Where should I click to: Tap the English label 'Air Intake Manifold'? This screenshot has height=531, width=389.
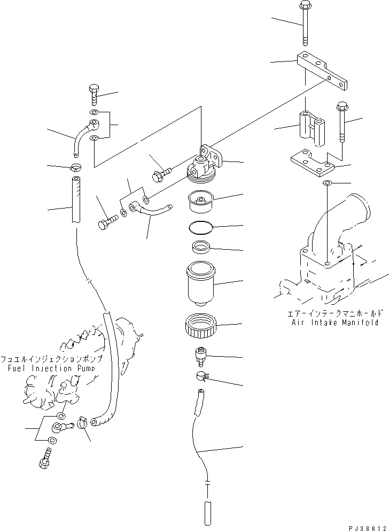[335, 322]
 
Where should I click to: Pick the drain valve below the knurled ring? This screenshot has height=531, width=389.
[201, 355]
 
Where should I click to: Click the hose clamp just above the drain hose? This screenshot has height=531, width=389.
[201, 378]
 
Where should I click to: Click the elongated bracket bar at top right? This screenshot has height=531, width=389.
[322, 71]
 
